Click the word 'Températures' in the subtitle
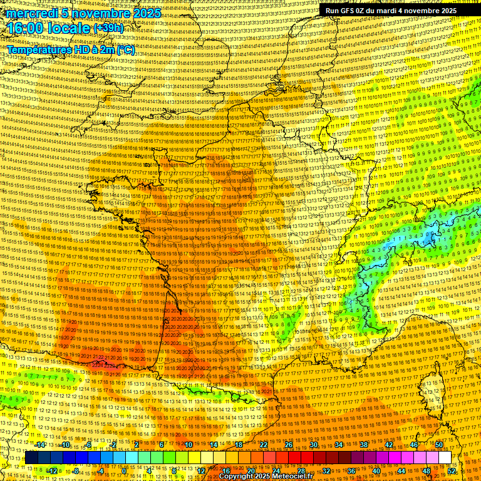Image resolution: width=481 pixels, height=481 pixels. (38, 49)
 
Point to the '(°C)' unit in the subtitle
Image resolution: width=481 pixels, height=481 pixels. (125, 49)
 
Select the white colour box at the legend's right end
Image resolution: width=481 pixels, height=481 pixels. (445, 458)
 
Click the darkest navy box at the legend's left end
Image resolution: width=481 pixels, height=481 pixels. (31, 458)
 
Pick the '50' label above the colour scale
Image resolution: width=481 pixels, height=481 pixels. (439, 445)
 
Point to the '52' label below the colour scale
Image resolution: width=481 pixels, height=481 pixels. (452, 471)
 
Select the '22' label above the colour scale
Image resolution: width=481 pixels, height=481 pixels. (264, 445)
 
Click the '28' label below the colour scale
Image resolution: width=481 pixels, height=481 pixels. (301, 471)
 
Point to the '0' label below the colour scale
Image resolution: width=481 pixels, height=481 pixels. (125, 471)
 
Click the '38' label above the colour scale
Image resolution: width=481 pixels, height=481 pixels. (364, 445)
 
